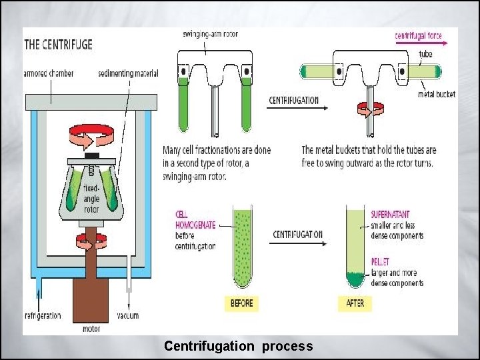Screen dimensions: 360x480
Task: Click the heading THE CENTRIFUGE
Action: click(59, 45)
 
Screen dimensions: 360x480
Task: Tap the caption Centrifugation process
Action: click(238, 346)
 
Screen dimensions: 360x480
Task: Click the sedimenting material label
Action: click(127, 73)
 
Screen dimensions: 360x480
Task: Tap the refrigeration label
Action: click(43, 315)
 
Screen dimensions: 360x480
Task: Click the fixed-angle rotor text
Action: click(91, 199)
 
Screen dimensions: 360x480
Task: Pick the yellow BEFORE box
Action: click(241, 303)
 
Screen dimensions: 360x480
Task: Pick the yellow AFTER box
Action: click(355, 303)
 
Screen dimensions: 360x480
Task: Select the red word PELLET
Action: click(381, 262)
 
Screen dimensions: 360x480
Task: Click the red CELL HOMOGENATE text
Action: click(195, 220)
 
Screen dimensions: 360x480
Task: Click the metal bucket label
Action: click(437, 94)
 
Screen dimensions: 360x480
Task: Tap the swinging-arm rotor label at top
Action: click(211, 34)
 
